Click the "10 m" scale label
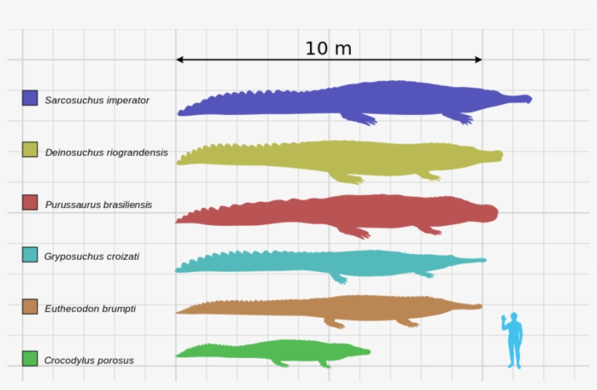click(328, 49)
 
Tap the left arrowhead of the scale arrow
click(179, 60)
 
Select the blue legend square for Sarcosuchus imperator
click(30, 97)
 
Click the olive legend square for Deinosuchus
click(30, 150)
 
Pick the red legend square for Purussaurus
click(30, 202)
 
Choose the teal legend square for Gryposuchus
click(30, 255)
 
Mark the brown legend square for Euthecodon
click(30, 306)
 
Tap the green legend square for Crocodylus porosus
click(30, 358)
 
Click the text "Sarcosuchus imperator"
click(97, 100)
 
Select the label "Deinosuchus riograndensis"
click(106, 153)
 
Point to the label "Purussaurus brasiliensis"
click(98, 205)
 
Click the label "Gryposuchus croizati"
click(92, 257)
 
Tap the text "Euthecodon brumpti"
click(90, 309)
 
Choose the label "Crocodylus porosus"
click(89, 361)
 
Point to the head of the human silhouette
click(514, 317)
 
